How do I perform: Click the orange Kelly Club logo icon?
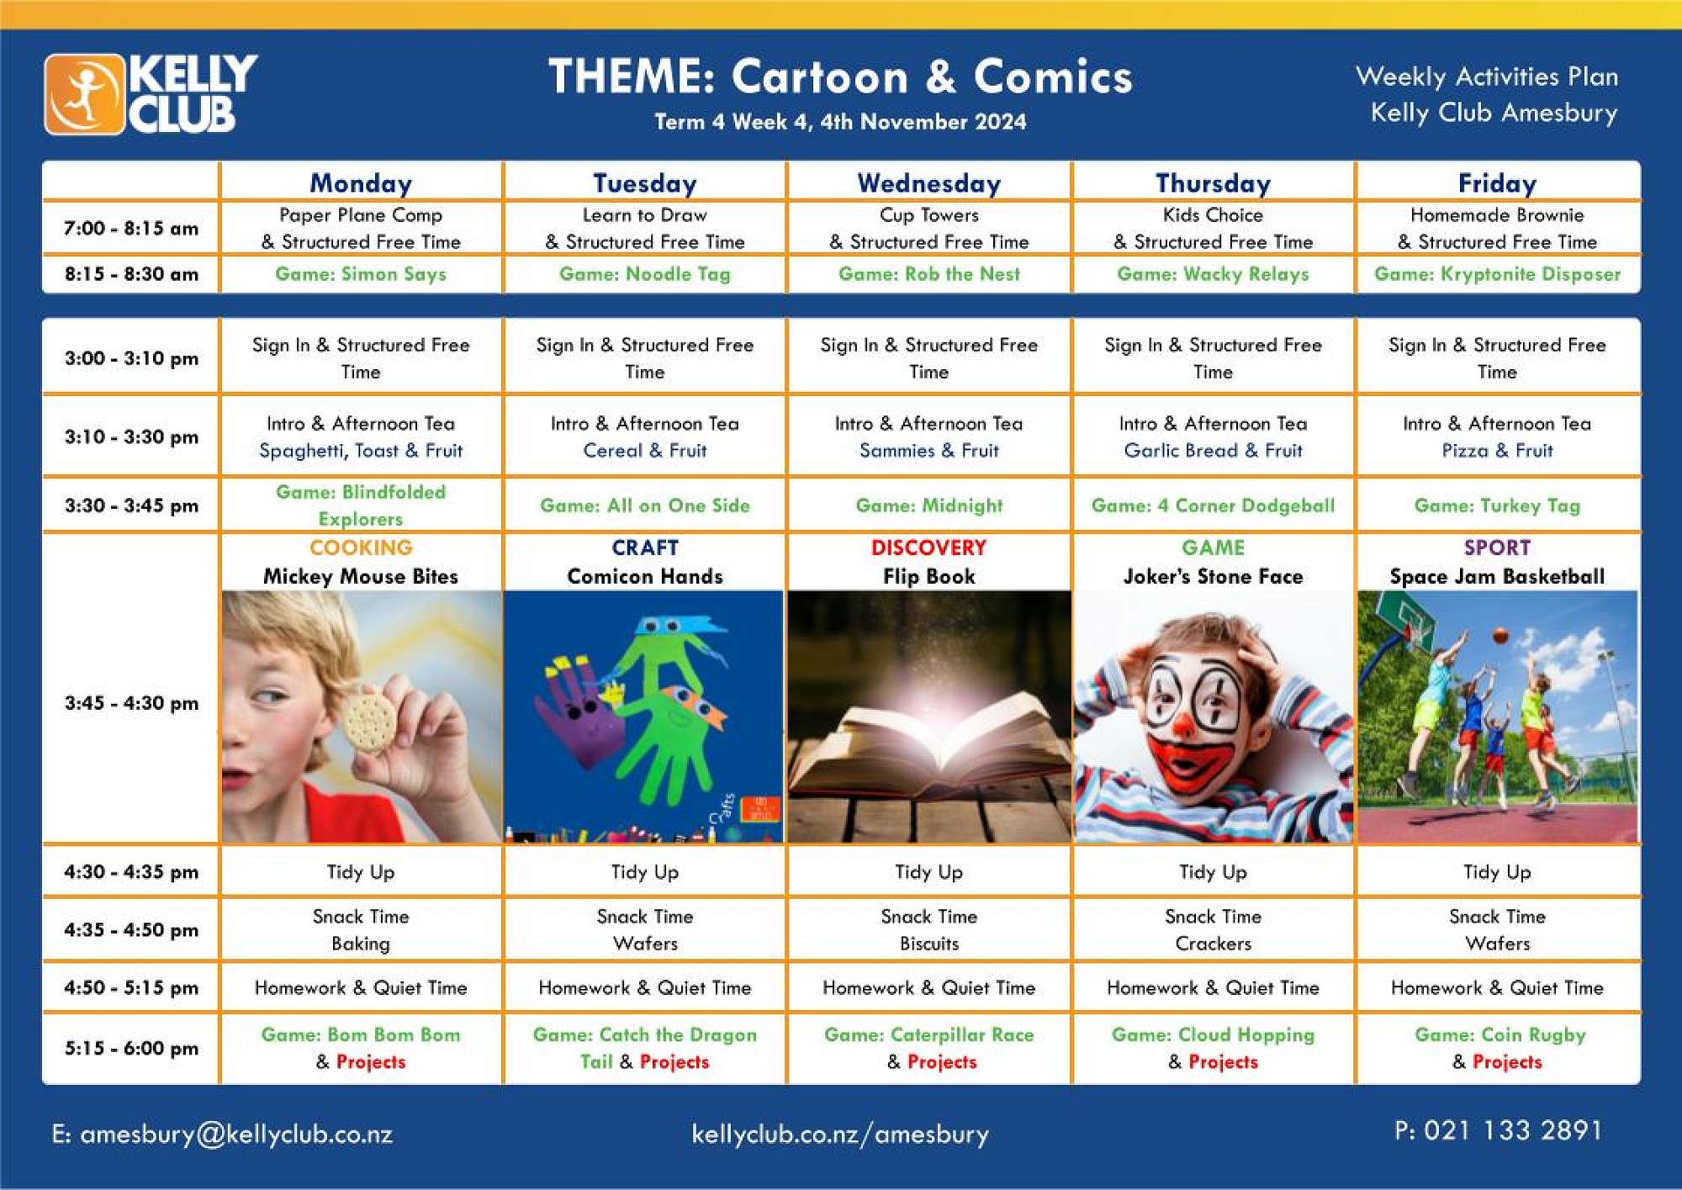(84, 94)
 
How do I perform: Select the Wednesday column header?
(929, 183)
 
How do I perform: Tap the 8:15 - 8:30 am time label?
(131, 274)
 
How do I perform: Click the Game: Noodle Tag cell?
(645, 274)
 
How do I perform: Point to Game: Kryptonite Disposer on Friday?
(1497, 274)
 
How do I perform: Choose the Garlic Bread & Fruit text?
(1213, 451)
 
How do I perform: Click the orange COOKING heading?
(361, 547)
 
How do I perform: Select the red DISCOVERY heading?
(928, 547)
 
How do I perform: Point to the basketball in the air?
(1500, 636)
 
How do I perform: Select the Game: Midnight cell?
(929, 505)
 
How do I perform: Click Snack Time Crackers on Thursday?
(1213, 930)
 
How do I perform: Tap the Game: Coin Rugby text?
(1500, 1035)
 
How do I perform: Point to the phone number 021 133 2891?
(1513, 1131)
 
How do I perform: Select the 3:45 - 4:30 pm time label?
(131, 703)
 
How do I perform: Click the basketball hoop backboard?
(1415, 624)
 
